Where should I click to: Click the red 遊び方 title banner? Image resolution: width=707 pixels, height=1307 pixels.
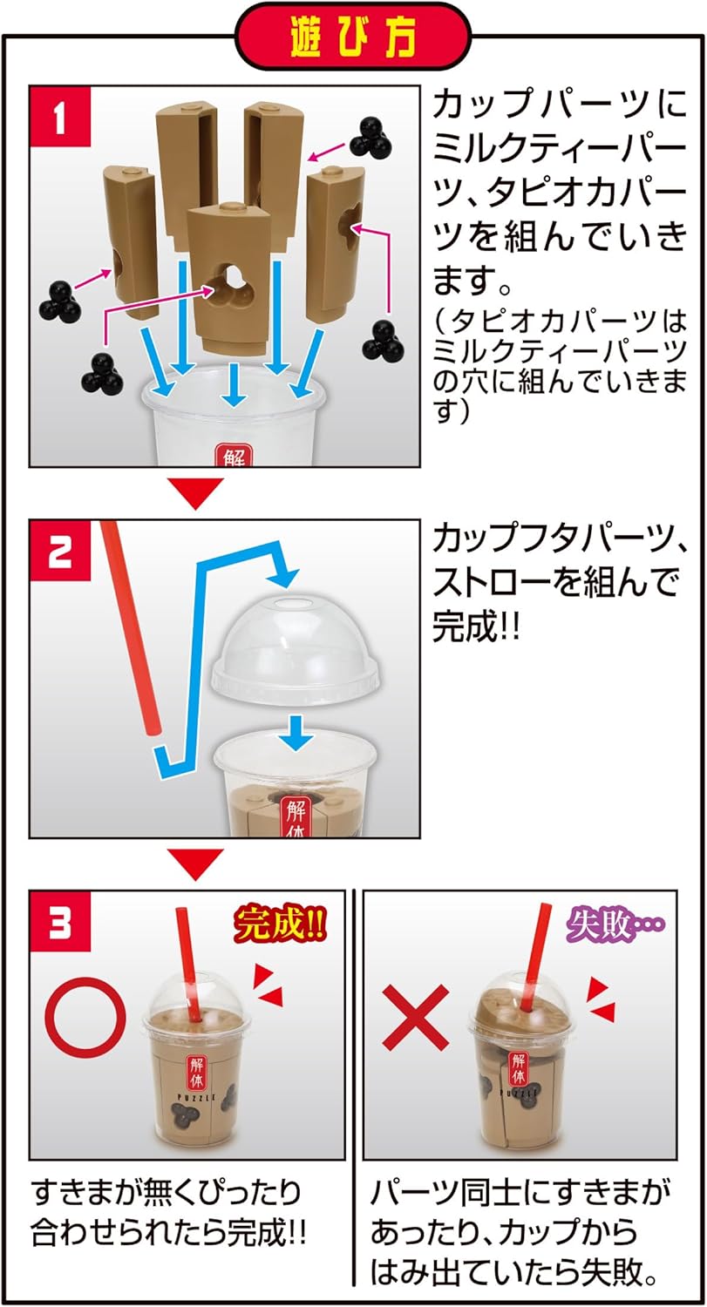coord(353,37)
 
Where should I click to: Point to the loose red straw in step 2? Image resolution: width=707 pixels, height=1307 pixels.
coord(131,627)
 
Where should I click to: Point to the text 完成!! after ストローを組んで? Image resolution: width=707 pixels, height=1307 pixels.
coord(476,628)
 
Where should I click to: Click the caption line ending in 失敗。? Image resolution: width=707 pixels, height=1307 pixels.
coord(514,1275)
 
